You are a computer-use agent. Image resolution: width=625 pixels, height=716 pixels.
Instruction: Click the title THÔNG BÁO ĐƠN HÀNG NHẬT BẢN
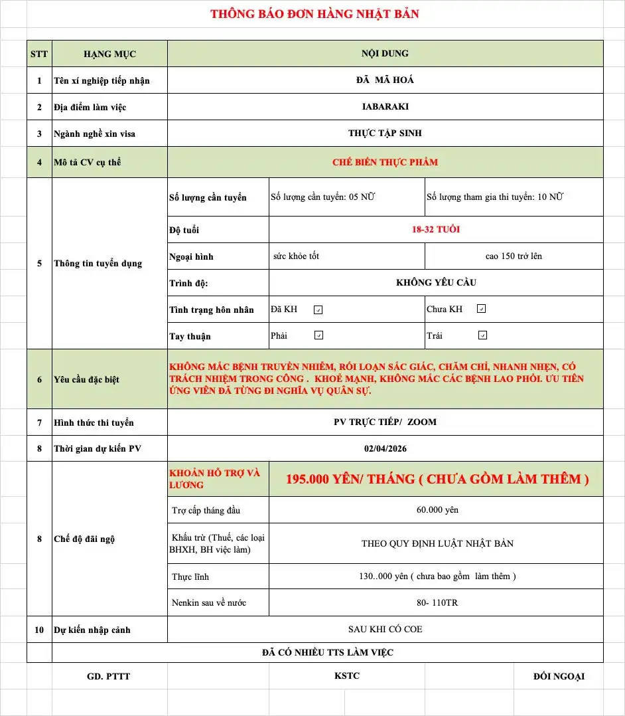(x=314, y=14)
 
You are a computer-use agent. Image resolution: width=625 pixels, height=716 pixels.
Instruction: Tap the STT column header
(x=39, y=54)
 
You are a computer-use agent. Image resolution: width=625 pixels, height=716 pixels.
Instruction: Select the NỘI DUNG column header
(x=385, y=53)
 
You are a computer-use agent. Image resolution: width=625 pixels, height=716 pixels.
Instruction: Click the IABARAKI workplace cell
(x=385, y=106)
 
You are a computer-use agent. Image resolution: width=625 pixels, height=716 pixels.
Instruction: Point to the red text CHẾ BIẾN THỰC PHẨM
(x=385, y=162)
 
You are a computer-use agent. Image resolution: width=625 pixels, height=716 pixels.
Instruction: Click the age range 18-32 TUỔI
(x=436, y=230)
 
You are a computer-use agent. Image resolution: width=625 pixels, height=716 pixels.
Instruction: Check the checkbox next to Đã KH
(x=318, y=310)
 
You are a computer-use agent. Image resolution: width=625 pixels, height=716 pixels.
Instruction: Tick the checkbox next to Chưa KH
(x=482, y=309)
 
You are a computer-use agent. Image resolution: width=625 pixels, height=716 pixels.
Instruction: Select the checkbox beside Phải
(x=318, y=335)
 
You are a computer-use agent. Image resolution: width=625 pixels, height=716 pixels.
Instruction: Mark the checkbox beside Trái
(x=482, y=335)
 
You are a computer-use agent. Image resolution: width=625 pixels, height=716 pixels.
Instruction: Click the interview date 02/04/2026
(x=385, y=448)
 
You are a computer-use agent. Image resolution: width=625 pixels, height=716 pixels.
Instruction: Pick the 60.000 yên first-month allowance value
(x=436, y=510)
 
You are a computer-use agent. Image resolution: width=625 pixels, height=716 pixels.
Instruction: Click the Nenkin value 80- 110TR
(x=436, y=602)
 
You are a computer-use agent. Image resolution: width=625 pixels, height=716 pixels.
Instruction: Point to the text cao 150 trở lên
(x=514, y=256)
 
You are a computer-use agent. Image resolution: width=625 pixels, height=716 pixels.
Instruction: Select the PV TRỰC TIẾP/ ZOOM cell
(x=385, y=422)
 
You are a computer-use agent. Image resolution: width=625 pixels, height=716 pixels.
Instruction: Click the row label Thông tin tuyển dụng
(x=98, y=263)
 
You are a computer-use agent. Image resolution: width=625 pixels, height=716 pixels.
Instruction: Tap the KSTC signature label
(x=347, y=676)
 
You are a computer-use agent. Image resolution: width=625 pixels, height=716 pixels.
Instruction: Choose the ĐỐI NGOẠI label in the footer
(x=559, y=676)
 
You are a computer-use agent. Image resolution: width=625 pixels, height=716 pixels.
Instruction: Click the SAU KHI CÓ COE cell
(x=385, y=629)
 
